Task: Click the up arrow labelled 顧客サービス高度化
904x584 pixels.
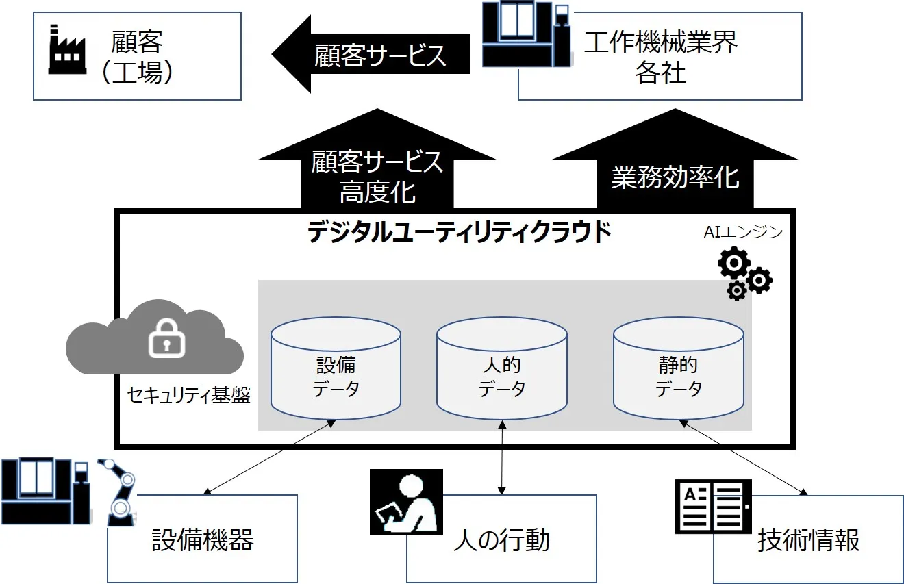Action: (x=377, y=171)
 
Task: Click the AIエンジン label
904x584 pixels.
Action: (x=743, y=232)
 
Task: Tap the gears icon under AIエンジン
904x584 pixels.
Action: (x=743, y=275)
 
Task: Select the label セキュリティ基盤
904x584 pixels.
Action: (x=188, y=395)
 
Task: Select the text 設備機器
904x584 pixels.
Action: (x=203, y=540)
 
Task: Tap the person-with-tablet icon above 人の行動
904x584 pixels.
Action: (x=407, y=502)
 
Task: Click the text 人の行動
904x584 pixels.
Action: (x=501, y=540)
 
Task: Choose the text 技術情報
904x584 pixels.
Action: (x=808, y=540)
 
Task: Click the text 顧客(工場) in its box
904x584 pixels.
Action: (x=137, y=56)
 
